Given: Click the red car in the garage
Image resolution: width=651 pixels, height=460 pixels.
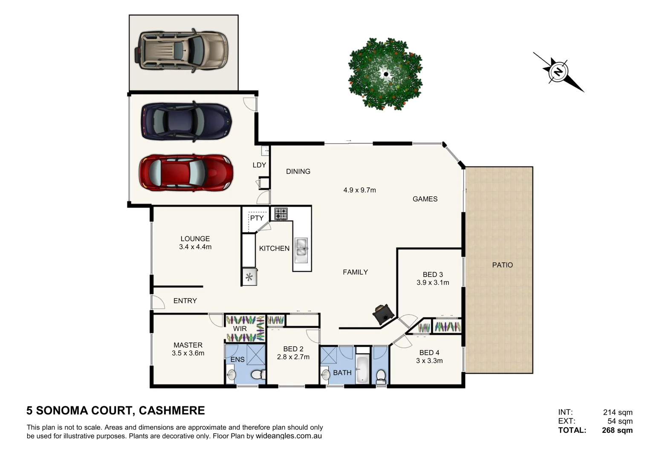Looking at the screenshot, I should click(186, 172).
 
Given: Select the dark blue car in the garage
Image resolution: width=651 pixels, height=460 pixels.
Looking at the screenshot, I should click(186, 121).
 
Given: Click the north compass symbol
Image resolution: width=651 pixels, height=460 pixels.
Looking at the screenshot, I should click(558, 72).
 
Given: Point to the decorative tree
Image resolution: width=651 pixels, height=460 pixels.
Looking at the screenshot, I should click(385, 74).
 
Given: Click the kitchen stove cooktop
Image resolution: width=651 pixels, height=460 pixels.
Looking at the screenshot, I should click(281, 213).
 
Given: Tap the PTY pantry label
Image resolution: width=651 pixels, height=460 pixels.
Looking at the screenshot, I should click(257, 218).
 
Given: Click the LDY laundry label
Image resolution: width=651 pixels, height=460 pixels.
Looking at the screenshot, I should click(259, 165).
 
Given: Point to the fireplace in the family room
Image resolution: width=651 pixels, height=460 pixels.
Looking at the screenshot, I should click(382, 314).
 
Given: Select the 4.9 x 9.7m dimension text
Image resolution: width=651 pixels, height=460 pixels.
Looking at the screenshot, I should click(359, 190).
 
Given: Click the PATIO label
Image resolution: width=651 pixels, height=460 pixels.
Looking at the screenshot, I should click(502, 265).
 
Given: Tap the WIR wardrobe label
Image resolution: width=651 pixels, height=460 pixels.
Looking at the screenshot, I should click(240, 329).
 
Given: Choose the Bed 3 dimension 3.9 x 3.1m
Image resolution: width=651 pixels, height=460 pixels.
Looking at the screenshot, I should click(433, 283).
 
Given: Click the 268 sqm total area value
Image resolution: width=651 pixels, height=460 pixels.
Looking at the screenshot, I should click(617, 430).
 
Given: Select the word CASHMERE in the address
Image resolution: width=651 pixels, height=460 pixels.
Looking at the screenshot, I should click(172, 411).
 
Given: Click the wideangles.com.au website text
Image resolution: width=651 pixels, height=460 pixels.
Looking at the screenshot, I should click(289, 436).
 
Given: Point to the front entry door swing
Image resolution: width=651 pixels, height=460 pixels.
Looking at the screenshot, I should click(158, 302).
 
